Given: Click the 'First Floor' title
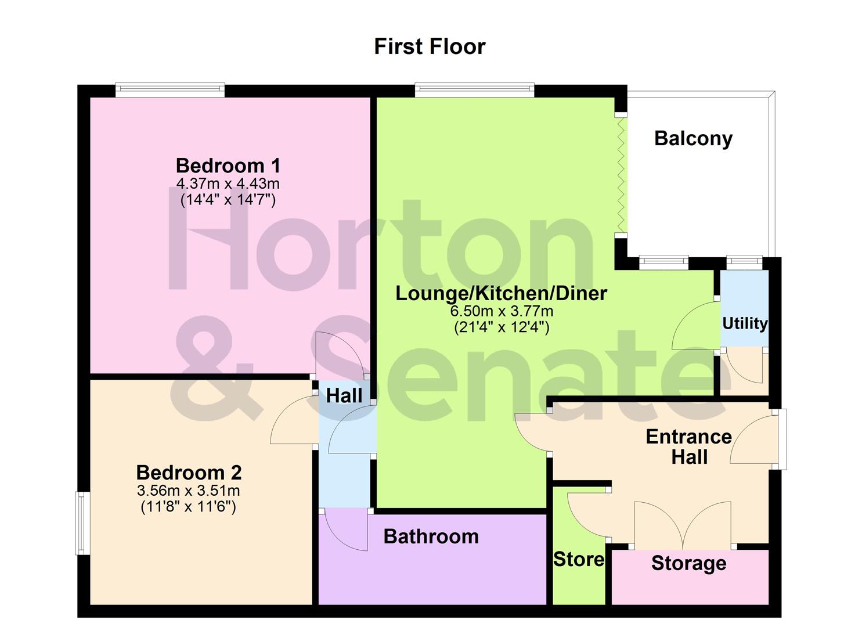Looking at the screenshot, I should (430, 46).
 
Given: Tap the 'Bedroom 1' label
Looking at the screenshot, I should (228, 165).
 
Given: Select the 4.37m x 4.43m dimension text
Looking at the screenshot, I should (228, 184).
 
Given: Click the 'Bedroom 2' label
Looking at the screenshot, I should (189, 472).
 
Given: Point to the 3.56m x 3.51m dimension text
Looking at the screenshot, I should (189, 491).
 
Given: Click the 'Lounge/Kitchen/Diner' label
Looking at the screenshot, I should (501, 293).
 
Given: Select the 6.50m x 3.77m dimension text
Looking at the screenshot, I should (502, 311).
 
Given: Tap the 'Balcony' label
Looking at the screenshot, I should (693, 138).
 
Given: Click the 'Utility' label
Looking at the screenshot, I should (745, 323).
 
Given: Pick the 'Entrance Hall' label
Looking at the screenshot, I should (689, 446).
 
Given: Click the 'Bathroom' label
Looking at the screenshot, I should (431, 536).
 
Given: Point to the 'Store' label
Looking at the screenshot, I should (579, 559).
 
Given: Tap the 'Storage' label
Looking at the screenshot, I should (689, 563).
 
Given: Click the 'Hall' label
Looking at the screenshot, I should (344, 396).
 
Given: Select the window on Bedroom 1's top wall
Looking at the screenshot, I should (169, 90).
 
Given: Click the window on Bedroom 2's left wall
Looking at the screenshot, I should (83, 523).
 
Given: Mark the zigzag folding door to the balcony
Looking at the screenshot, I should (621, 174).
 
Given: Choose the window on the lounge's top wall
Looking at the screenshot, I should (474, 90).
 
